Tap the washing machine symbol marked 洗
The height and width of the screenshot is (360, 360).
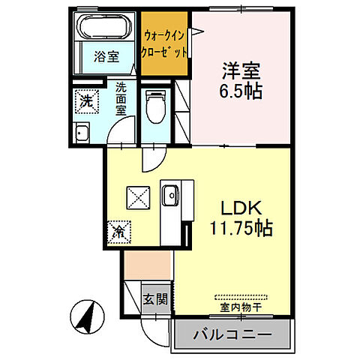click(88, 100)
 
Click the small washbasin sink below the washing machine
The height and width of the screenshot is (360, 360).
click(83, 134)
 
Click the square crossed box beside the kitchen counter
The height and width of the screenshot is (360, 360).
click(138, 196)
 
